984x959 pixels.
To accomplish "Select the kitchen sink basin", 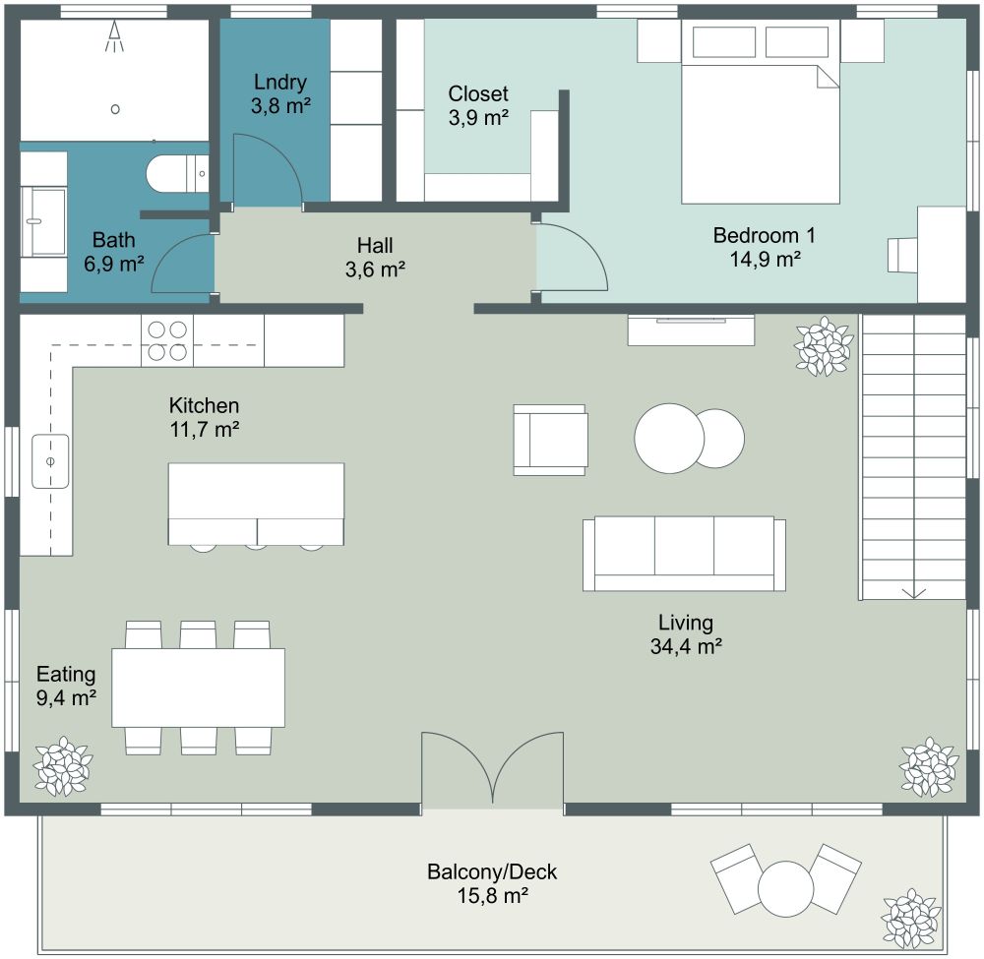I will coord(50,460).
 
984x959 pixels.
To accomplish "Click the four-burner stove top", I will coord(166,340).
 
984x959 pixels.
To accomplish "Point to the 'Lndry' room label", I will coord(281,82).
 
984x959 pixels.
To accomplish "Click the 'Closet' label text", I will coord(478,94).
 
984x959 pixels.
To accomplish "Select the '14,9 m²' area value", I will coord(764,260).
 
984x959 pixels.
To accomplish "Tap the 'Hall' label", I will coord(375,245).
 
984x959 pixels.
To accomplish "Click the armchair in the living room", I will coord(550,440).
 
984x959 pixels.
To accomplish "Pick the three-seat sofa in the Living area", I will coord(684,554).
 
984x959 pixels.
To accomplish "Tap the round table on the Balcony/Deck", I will coord(785,888).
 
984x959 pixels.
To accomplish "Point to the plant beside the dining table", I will coord(64,766).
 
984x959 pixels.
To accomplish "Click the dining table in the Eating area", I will coord(198,688).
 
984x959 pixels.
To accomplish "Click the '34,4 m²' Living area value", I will coord(685,646).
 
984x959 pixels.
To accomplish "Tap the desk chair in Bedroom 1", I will coord(901,254).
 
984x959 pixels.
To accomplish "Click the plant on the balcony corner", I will coord(911,919).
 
